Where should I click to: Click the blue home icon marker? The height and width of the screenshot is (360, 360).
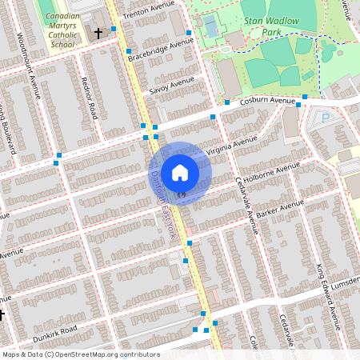click(180, 172)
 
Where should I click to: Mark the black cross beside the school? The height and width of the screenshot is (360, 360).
click(98, 34)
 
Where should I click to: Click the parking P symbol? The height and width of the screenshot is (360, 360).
click(325, 118)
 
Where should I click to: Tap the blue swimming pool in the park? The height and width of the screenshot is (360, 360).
click(210, 27)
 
